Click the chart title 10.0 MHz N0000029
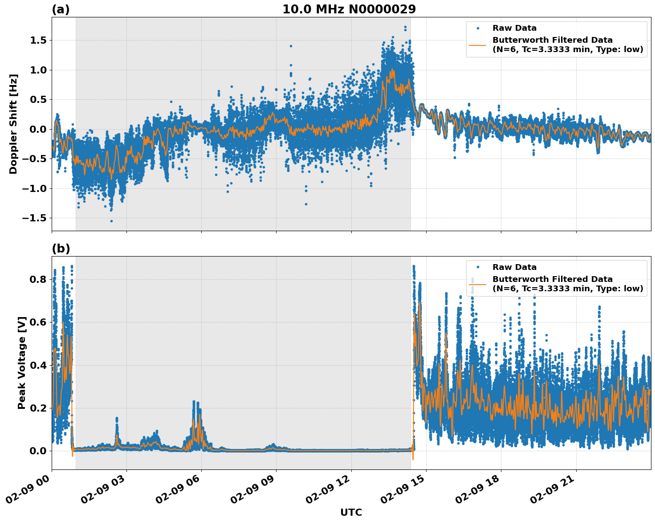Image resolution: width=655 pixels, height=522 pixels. pyautogui.click(x=349, y=9)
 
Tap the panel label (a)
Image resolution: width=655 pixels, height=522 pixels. pyautogui.click(x=61, y=9)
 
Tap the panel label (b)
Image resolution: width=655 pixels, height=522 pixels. pyautogui.click(x=61, y=249)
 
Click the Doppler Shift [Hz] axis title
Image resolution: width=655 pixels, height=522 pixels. pyautogui.click(x=13, y=124)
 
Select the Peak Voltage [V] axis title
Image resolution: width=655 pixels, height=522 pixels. pyautogui.click(x=22, y=363)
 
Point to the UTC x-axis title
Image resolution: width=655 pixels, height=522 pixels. pyautogui.click(x=351, y=512)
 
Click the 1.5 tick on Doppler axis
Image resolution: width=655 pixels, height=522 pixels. pyautogui.click(x=37, y=41)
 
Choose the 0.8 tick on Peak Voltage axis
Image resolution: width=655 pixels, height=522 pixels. pyautogui.click(x=37, y=280)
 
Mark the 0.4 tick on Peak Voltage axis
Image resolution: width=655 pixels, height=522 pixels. pyautogui.click(x=37, y=365)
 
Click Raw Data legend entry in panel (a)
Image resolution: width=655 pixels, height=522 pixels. pyautogui.click(x=514, y=28)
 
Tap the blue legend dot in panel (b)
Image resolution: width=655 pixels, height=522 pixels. pyautogui.click(x=477, y=267)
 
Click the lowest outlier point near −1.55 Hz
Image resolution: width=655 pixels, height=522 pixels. pyautogui.click(x=111, y=221)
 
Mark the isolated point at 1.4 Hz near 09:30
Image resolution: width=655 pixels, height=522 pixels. pyautogui.click(x=291, y=46)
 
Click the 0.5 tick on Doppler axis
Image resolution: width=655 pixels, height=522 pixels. pyautogui.click(x=37, y=100)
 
